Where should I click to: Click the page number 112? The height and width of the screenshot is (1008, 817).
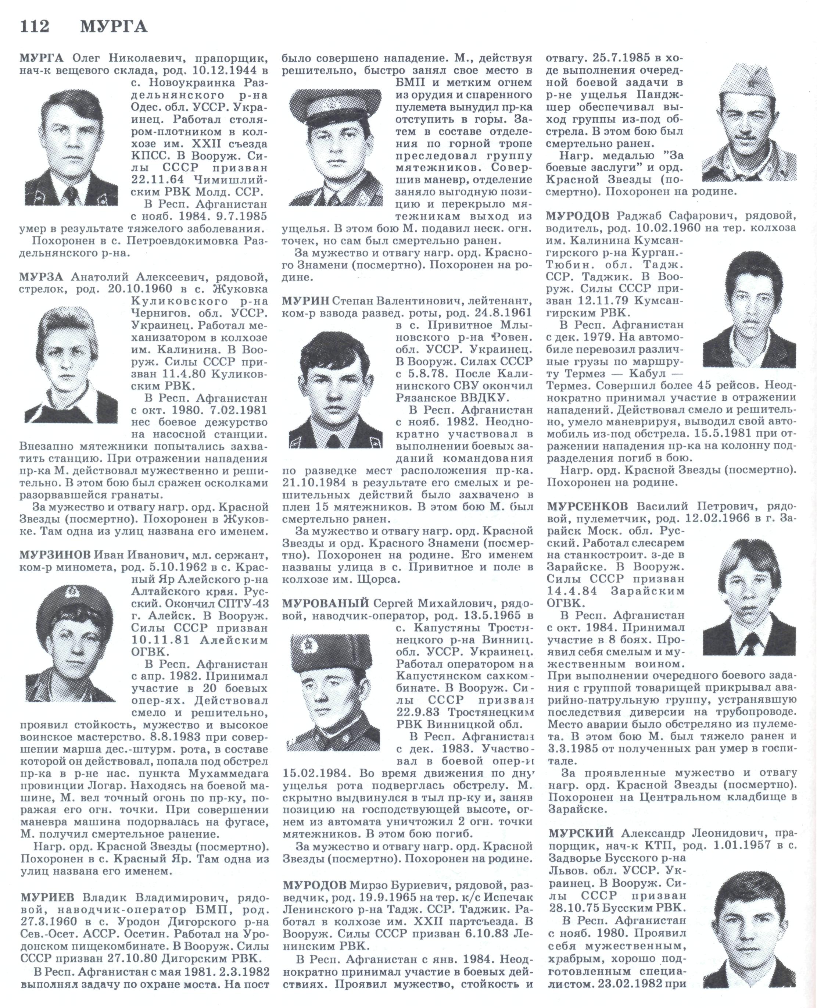(34, 27)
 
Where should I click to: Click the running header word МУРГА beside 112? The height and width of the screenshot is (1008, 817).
(114, 27)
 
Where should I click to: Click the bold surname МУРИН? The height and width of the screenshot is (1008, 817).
(305, 300)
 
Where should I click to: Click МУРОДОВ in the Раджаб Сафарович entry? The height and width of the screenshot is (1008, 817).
(578, 216)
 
